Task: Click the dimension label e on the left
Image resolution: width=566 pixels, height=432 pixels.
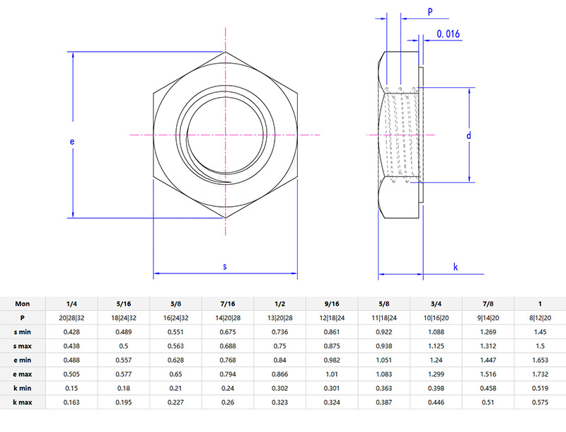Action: click(x=71, y=142)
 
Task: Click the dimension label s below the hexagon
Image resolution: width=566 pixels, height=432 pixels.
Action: click(x=225, y=266)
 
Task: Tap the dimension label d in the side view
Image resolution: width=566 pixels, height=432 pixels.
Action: click(x=468, y=135)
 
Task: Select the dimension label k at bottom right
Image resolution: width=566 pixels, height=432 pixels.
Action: click(x=456, y=266)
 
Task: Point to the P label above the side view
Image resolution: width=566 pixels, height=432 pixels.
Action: click(x=429, y=11)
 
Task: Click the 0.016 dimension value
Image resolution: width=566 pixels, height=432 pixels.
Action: click(x=449, y=33)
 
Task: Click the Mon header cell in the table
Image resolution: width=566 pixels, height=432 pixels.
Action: click(x=23, y=303)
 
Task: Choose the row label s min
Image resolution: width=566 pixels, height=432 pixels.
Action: click(x=23, y=331)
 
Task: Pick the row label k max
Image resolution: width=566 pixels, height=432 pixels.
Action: click(x=23, y=402)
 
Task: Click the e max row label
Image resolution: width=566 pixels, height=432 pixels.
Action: click(x=23, y=374)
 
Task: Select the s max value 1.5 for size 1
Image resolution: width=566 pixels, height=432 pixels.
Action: click(x=540, y=346)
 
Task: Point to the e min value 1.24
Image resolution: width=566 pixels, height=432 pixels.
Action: click(x=436, y=360)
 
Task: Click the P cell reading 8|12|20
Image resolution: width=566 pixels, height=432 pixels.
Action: click(x=540, y=317)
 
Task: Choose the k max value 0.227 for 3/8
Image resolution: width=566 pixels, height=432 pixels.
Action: click(x=175, y=402)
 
